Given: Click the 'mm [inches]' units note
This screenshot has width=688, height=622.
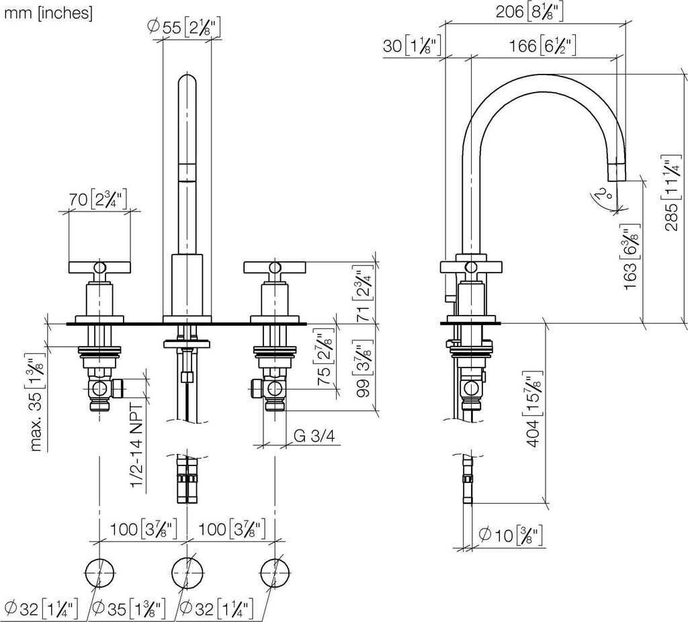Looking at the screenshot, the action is click(x=48, y=13).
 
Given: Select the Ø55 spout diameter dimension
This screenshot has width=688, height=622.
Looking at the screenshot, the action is click(x=183, y=27).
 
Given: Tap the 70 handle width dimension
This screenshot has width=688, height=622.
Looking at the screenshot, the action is click(x=99, y=199).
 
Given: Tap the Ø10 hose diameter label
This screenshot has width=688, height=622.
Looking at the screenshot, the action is click(x=511, y=536).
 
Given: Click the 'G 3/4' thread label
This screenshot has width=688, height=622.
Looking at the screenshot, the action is click(x=314, y=436).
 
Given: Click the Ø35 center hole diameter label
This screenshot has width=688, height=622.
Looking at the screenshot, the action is click(x=128, y=609).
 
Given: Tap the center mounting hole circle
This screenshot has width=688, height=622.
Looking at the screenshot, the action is click(x=185, y=572).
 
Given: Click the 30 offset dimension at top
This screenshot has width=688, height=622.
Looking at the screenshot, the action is click(x=411, y=46).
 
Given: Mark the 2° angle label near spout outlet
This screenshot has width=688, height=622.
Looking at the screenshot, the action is click(x=605, y=195).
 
